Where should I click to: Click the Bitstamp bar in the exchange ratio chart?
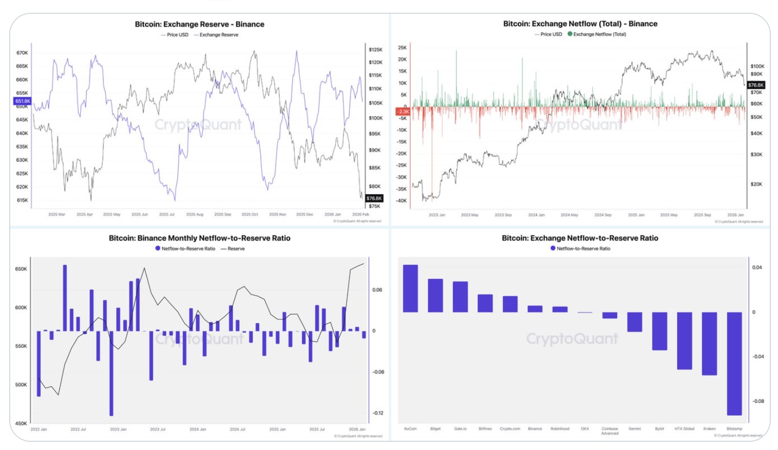(x=734, y=363)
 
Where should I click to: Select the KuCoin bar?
(x=410, y=288)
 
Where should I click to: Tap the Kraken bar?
(x=709, y=344)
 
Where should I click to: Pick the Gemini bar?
(x=635, y=322)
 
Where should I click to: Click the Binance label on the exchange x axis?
(x=535, y=428)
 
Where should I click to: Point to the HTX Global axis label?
(x=684, y=428)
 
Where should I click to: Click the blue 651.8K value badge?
(x=23, y=101)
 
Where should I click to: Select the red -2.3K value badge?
(x=403, y=111)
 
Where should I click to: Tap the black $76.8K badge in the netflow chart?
(x=755, y=85)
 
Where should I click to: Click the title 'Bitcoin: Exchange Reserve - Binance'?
(x=199, y=24)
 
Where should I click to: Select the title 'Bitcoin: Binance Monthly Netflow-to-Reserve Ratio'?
(x=199, y=238)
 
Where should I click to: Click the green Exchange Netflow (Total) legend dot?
(x=570, y=34)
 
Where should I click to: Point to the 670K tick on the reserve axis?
(x=22, y=53)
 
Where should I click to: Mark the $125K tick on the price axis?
(x=375, y=50)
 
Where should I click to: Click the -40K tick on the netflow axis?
(x=402, y=201)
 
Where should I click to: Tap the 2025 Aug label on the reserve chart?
(x=195, y=215)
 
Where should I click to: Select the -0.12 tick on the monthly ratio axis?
(x=378, y=413)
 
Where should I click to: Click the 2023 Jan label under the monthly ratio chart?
(x=118, y=429)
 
